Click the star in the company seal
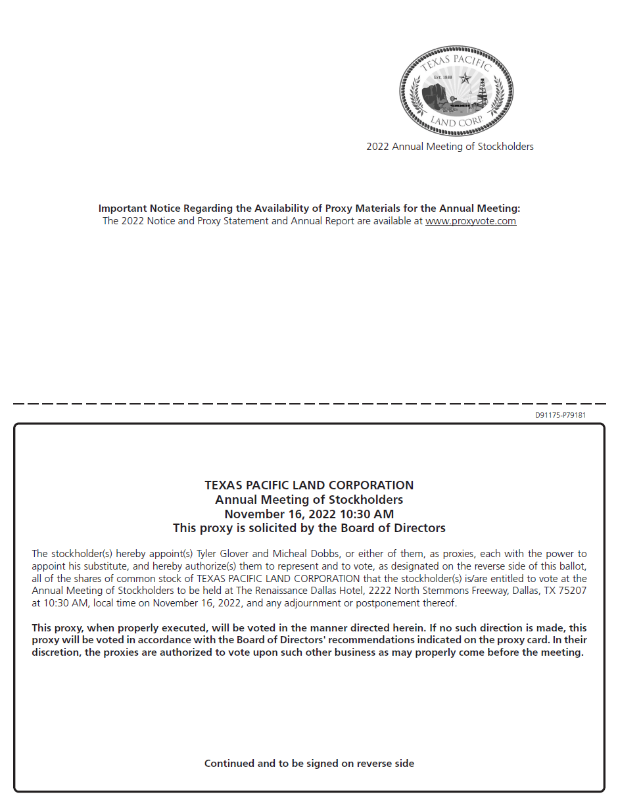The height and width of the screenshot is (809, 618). (465, 79)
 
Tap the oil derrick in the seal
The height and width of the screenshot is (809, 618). (482, 92)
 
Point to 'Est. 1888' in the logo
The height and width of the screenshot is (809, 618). (444, 78)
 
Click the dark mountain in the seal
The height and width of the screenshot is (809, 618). (435, 96)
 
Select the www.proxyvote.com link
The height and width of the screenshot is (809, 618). (471, 221)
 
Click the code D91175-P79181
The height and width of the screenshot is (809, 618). (560, 415)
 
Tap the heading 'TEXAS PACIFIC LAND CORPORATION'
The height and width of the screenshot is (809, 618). (309, 485)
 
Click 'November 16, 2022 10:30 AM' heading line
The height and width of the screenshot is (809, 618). (309, 514)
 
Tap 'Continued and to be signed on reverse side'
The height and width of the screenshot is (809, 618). (309, 764)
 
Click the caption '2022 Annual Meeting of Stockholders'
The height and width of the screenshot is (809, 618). (450, 147)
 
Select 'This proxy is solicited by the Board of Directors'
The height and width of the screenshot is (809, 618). (309, 528)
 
